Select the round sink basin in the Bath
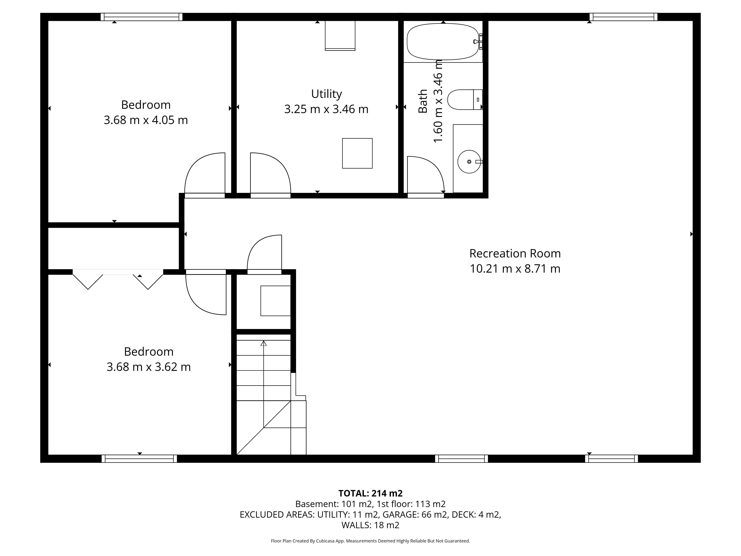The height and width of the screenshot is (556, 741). coord(469,162)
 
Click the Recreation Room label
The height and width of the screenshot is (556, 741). coord(515,253)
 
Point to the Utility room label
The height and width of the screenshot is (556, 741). coord(326,94)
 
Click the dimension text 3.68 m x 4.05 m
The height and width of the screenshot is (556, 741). coord(146,120)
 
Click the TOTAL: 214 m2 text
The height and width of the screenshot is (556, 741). coord(370,493)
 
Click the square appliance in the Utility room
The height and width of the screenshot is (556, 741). coord(357,153)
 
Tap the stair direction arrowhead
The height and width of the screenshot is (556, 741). coord(264,343)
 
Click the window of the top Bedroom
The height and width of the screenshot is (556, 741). coord(142,17)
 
